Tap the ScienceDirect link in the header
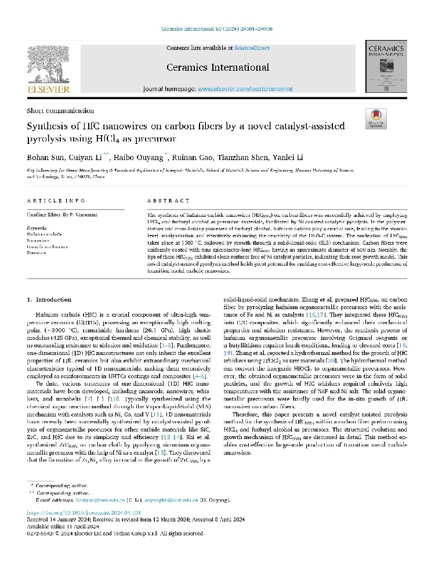tap(251, 47)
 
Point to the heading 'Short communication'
tap(60, 111)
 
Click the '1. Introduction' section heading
tap(50, 299)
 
